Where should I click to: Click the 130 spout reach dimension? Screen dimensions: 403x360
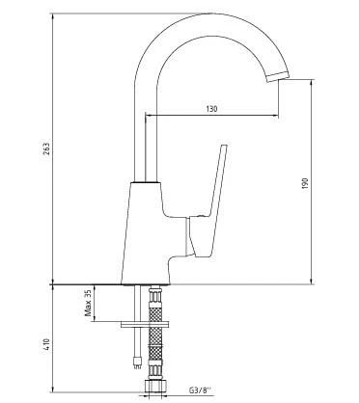pos(210,108)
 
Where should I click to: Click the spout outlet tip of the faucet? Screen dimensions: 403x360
pos(283,78)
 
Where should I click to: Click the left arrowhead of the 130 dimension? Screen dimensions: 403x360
pos(148,116)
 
